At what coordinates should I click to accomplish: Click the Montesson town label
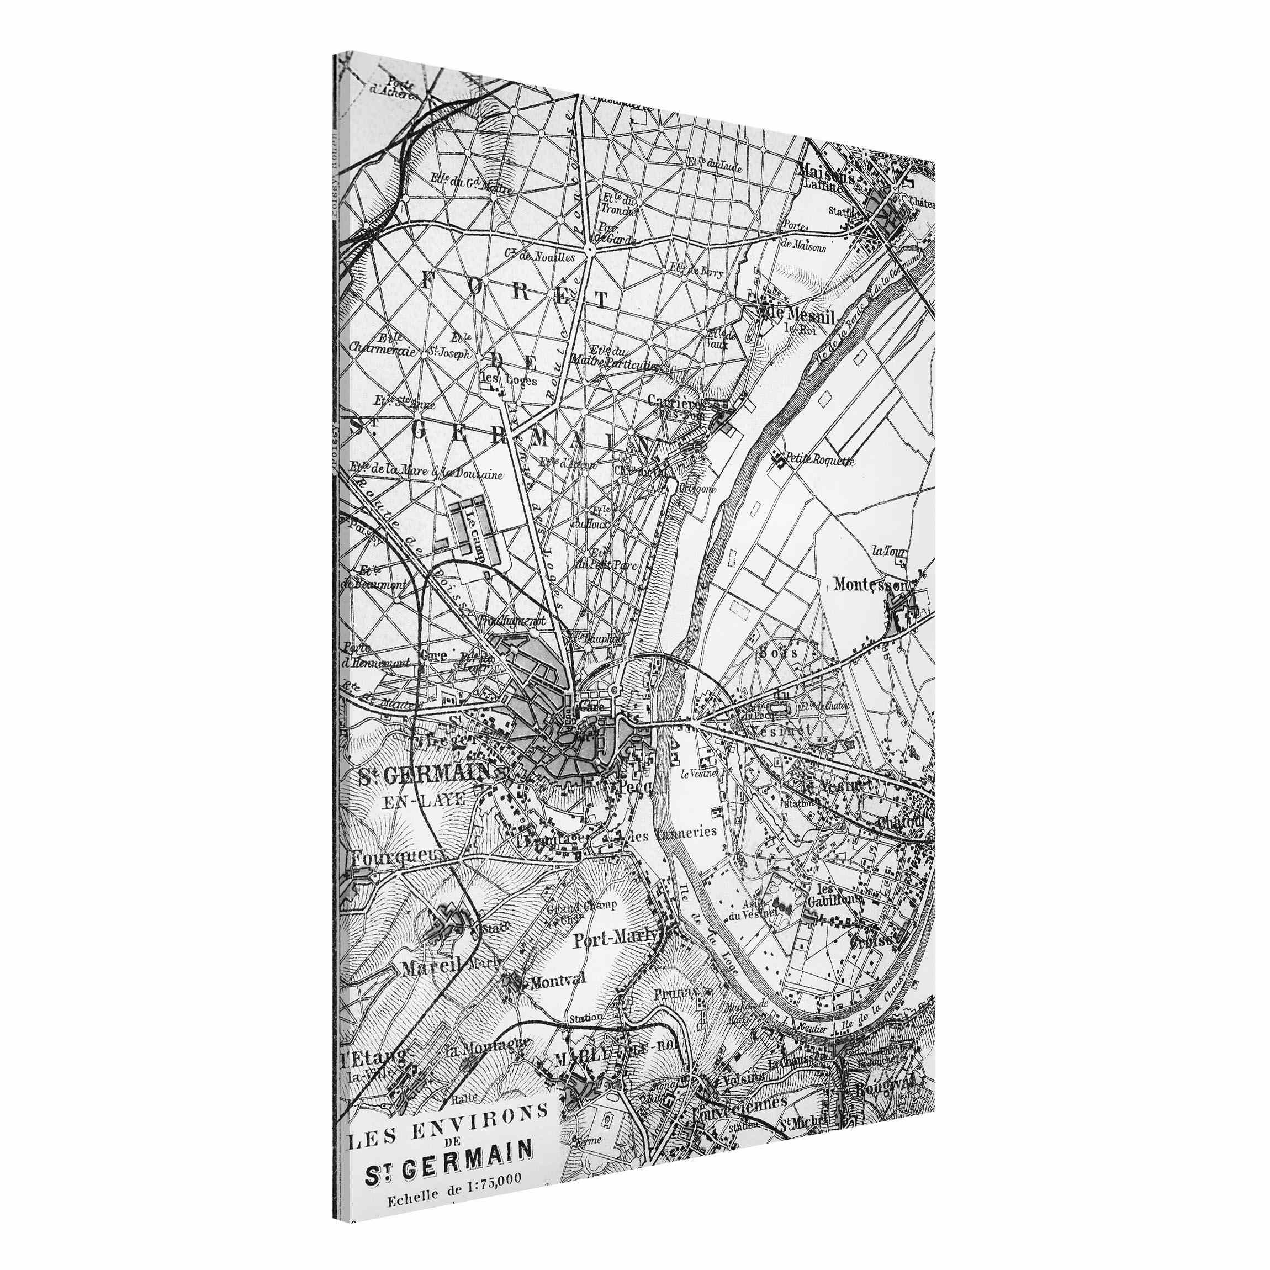point(869,584)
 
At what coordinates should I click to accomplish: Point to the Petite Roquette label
point(819,460)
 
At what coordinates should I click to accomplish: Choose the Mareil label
point(431,967)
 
